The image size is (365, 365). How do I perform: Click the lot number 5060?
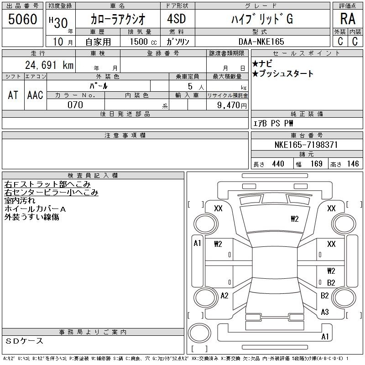coord(22,19)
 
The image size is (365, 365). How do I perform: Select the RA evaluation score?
coord(348,19)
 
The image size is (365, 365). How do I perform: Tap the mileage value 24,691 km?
coord(49,65)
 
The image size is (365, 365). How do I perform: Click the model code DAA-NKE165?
coord(261,42)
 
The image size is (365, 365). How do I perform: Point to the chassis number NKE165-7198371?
coord(306,145)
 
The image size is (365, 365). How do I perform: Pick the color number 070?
coord(75,105)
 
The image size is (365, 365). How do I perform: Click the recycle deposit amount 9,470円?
coord(232,105)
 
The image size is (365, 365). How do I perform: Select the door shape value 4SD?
coord(177,19)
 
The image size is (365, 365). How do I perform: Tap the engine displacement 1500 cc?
coord(143,42)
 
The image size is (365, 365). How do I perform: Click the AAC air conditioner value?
coord(35,95)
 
